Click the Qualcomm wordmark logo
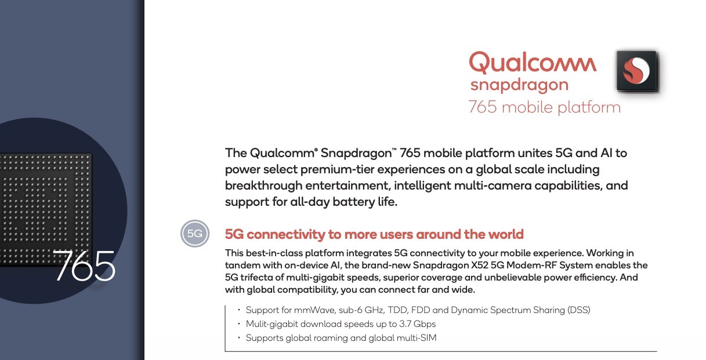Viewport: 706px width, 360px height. point(533,63)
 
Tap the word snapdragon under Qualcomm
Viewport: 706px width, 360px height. point(519,85)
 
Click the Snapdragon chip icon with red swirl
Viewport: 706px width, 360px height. point(636,71)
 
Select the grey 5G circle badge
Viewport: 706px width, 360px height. point(195,234)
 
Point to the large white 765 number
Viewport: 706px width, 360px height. point(84,266)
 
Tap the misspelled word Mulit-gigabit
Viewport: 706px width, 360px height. point(271,324)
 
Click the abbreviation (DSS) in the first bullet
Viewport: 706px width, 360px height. point(579,310)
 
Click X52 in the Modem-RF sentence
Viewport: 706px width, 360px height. point(480,265)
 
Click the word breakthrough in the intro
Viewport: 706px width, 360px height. point(263,186)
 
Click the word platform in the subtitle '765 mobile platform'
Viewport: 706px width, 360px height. point(589,107)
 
